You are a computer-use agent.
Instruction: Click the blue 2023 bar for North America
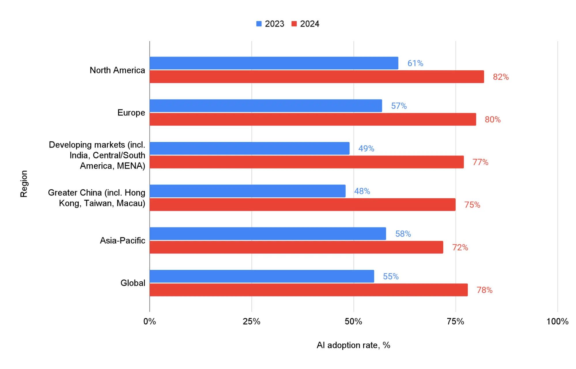(x=274, y=63)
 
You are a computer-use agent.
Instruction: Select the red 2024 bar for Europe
(x=313, y=119)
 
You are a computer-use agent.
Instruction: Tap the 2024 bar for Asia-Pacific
(x=296, y=247)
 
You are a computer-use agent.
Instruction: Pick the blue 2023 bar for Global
(x=262, y=276)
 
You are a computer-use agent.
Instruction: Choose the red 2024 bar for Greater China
(x=303, y=205)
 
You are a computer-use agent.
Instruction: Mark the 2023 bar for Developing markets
(x=250, y=148)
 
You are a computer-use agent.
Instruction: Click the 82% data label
(x=501, y=77)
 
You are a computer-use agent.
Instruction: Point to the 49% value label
(x=366, y=148)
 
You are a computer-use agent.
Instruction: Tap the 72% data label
(x=460, y=247)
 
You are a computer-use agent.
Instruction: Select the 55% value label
(x=391, y=277)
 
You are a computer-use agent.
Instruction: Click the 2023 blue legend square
(x=259, y=24)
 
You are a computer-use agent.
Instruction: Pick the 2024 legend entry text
(x=309, y=24)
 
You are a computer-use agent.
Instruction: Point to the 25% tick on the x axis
(x=252, y=321)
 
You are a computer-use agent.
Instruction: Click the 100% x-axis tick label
(x=557, y=321)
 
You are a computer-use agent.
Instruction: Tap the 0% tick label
(x=150, y=321)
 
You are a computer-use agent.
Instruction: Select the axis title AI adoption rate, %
(x=353, y=345)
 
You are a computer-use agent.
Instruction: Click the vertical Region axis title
(x=24, y=184)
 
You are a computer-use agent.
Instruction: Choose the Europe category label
(x=131, y=113)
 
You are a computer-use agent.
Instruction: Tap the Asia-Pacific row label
(x=122, y=241)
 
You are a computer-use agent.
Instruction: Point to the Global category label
(x=133, y=283)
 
